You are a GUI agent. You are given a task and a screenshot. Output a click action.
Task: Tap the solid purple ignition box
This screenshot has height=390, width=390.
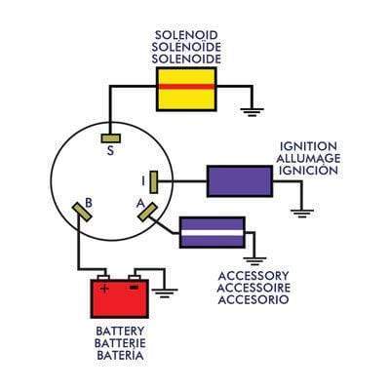[x=239, y=180]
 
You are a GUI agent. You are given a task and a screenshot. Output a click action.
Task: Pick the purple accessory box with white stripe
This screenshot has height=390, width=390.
[x=212, y=232]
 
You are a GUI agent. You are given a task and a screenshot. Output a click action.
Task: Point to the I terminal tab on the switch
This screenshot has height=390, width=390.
[x=153, y=180]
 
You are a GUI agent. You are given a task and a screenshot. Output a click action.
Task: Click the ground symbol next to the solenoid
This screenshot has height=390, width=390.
[x=252, y=111]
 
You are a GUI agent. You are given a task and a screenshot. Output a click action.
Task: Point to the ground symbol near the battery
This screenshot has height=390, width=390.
[x=168, y=290]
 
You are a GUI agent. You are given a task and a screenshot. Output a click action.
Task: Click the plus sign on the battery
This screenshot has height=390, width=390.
[x=105, y=289]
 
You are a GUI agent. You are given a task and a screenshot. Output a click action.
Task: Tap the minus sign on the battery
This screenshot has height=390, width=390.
[x=134, y=289]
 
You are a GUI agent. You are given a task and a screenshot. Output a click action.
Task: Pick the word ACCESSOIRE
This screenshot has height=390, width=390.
[x=253, y=290]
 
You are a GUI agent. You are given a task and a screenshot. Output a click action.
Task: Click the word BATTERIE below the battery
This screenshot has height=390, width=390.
[x=121, y=343]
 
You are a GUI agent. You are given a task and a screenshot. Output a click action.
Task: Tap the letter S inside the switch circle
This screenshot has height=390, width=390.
[x=109, y=151]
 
